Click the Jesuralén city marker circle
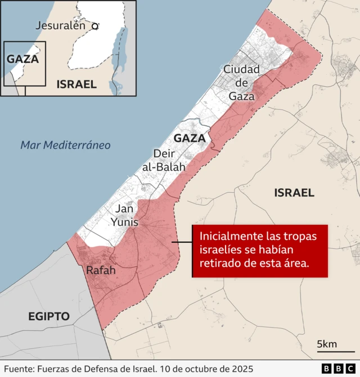(96, 26)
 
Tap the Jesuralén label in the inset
(60, 25)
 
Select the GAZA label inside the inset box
(22, 58)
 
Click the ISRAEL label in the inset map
(76, 84)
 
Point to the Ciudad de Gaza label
(242, 83)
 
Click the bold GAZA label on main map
(189, 138)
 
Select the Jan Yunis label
(124, 215)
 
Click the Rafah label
(101, 270)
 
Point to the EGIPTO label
(49, 316)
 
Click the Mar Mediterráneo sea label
(65, 145)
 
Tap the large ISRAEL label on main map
(294, 193)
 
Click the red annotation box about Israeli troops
(259, 251)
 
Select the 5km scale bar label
(327, 344)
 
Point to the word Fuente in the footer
(18, 368)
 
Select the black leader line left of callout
(182, 243)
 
